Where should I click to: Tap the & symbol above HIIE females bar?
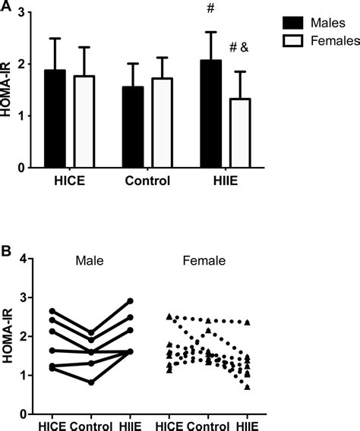coord(245,47)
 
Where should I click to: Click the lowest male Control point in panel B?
coord(91,382)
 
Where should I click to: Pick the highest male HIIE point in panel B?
coord(131,301)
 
